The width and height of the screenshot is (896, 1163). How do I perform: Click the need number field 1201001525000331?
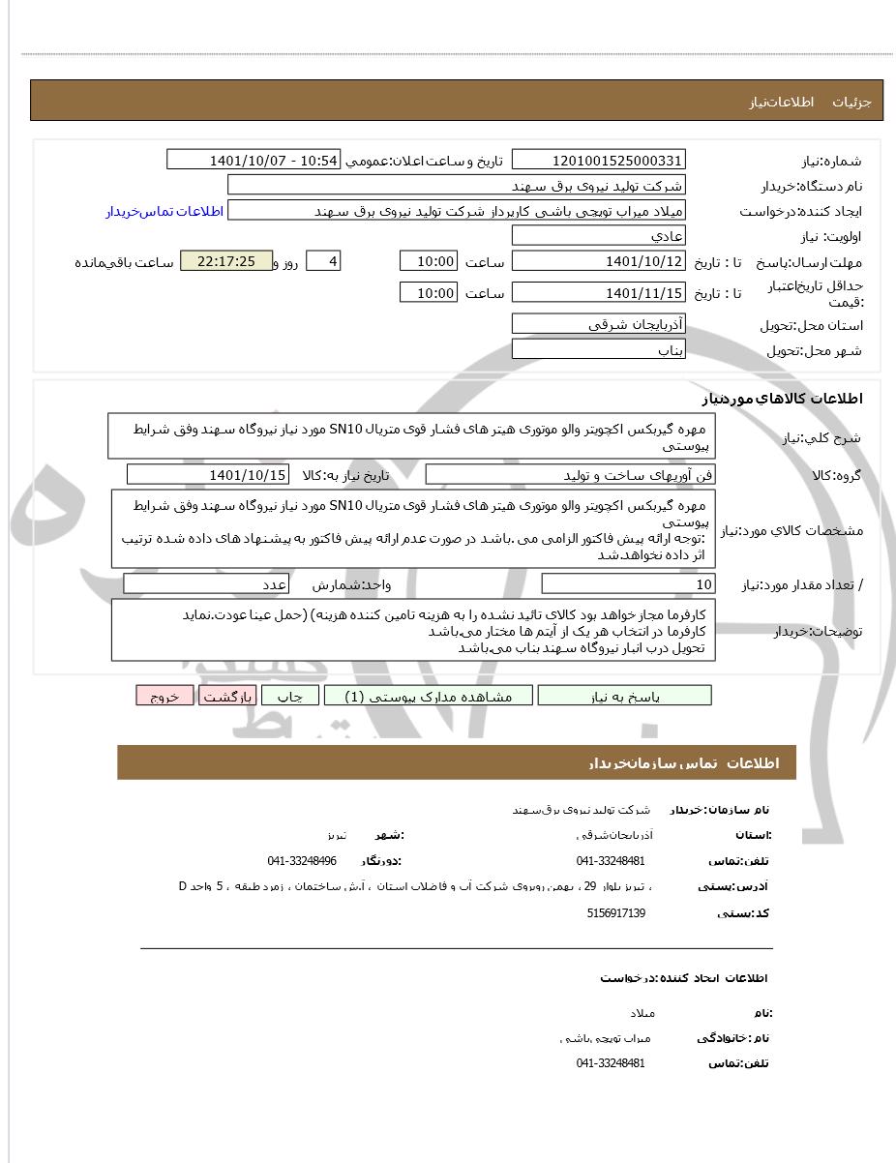pos(598,160)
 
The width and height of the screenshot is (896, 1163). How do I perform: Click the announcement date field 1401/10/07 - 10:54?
pos(254,160)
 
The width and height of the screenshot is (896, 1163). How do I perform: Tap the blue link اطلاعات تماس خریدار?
pos(164,211)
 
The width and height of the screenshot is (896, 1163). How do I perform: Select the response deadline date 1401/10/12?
pos(598,261)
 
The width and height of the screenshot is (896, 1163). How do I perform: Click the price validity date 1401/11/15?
pos(598,292)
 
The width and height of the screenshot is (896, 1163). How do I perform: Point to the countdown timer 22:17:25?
pos(225,261)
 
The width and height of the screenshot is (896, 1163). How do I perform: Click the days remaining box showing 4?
pos(323,261)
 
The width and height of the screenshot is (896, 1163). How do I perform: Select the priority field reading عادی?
pos(598,236)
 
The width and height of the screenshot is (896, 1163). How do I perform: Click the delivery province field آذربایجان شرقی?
pos(598,324)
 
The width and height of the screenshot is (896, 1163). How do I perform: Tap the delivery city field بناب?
pos(598,350)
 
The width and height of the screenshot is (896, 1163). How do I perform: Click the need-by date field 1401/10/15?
pos(208,474)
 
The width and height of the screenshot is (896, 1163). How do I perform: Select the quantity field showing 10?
pos(628,583)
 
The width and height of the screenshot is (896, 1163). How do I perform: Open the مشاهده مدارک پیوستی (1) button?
pos(428,696)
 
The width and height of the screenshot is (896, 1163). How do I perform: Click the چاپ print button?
pos(290,696)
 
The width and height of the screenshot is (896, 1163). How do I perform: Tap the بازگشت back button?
pos(227,696)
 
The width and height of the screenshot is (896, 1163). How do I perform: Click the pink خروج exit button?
pos(164,696)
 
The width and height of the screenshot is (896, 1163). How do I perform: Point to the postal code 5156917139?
pos(616,912)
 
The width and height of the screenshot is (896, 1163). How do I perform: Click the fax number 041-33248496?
pos(302,860)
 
